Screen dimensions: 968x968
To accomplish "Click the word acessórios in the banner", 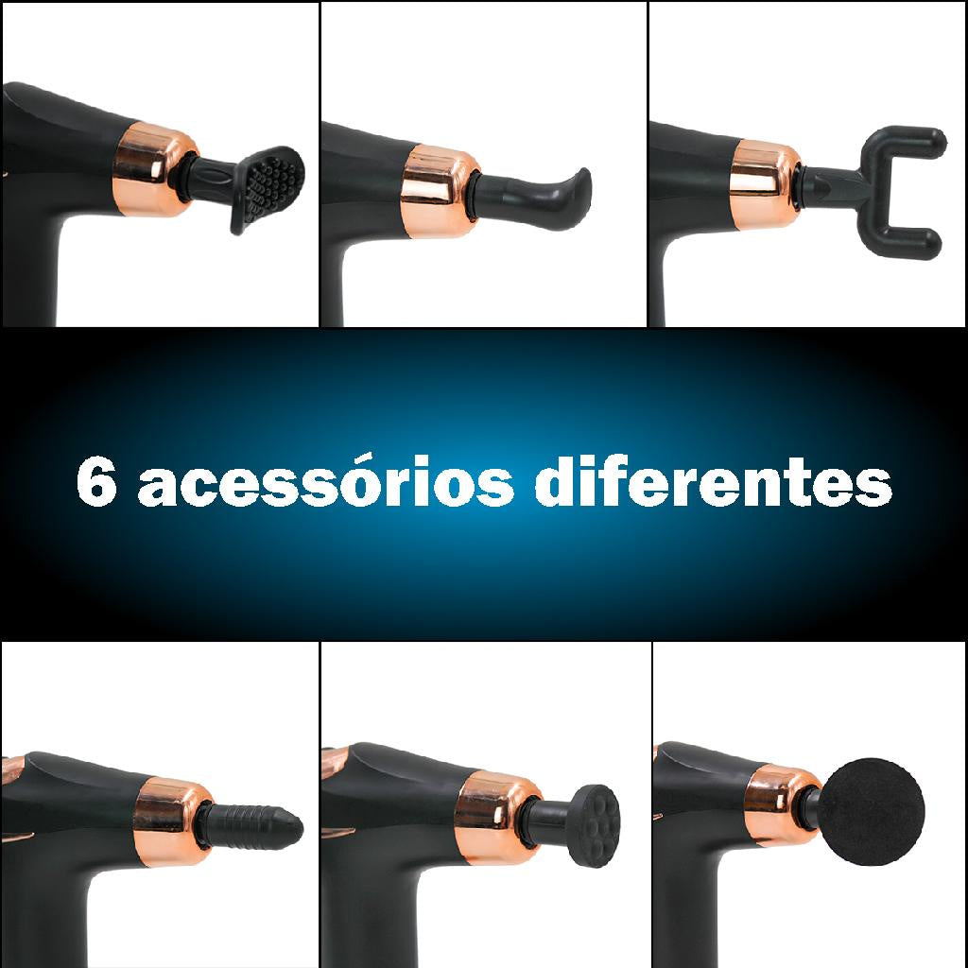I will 323,483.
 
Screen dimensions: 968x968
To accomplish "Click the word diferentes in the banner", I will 713,483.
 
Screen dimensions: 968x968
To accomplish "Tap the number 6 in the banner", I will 96,484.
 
